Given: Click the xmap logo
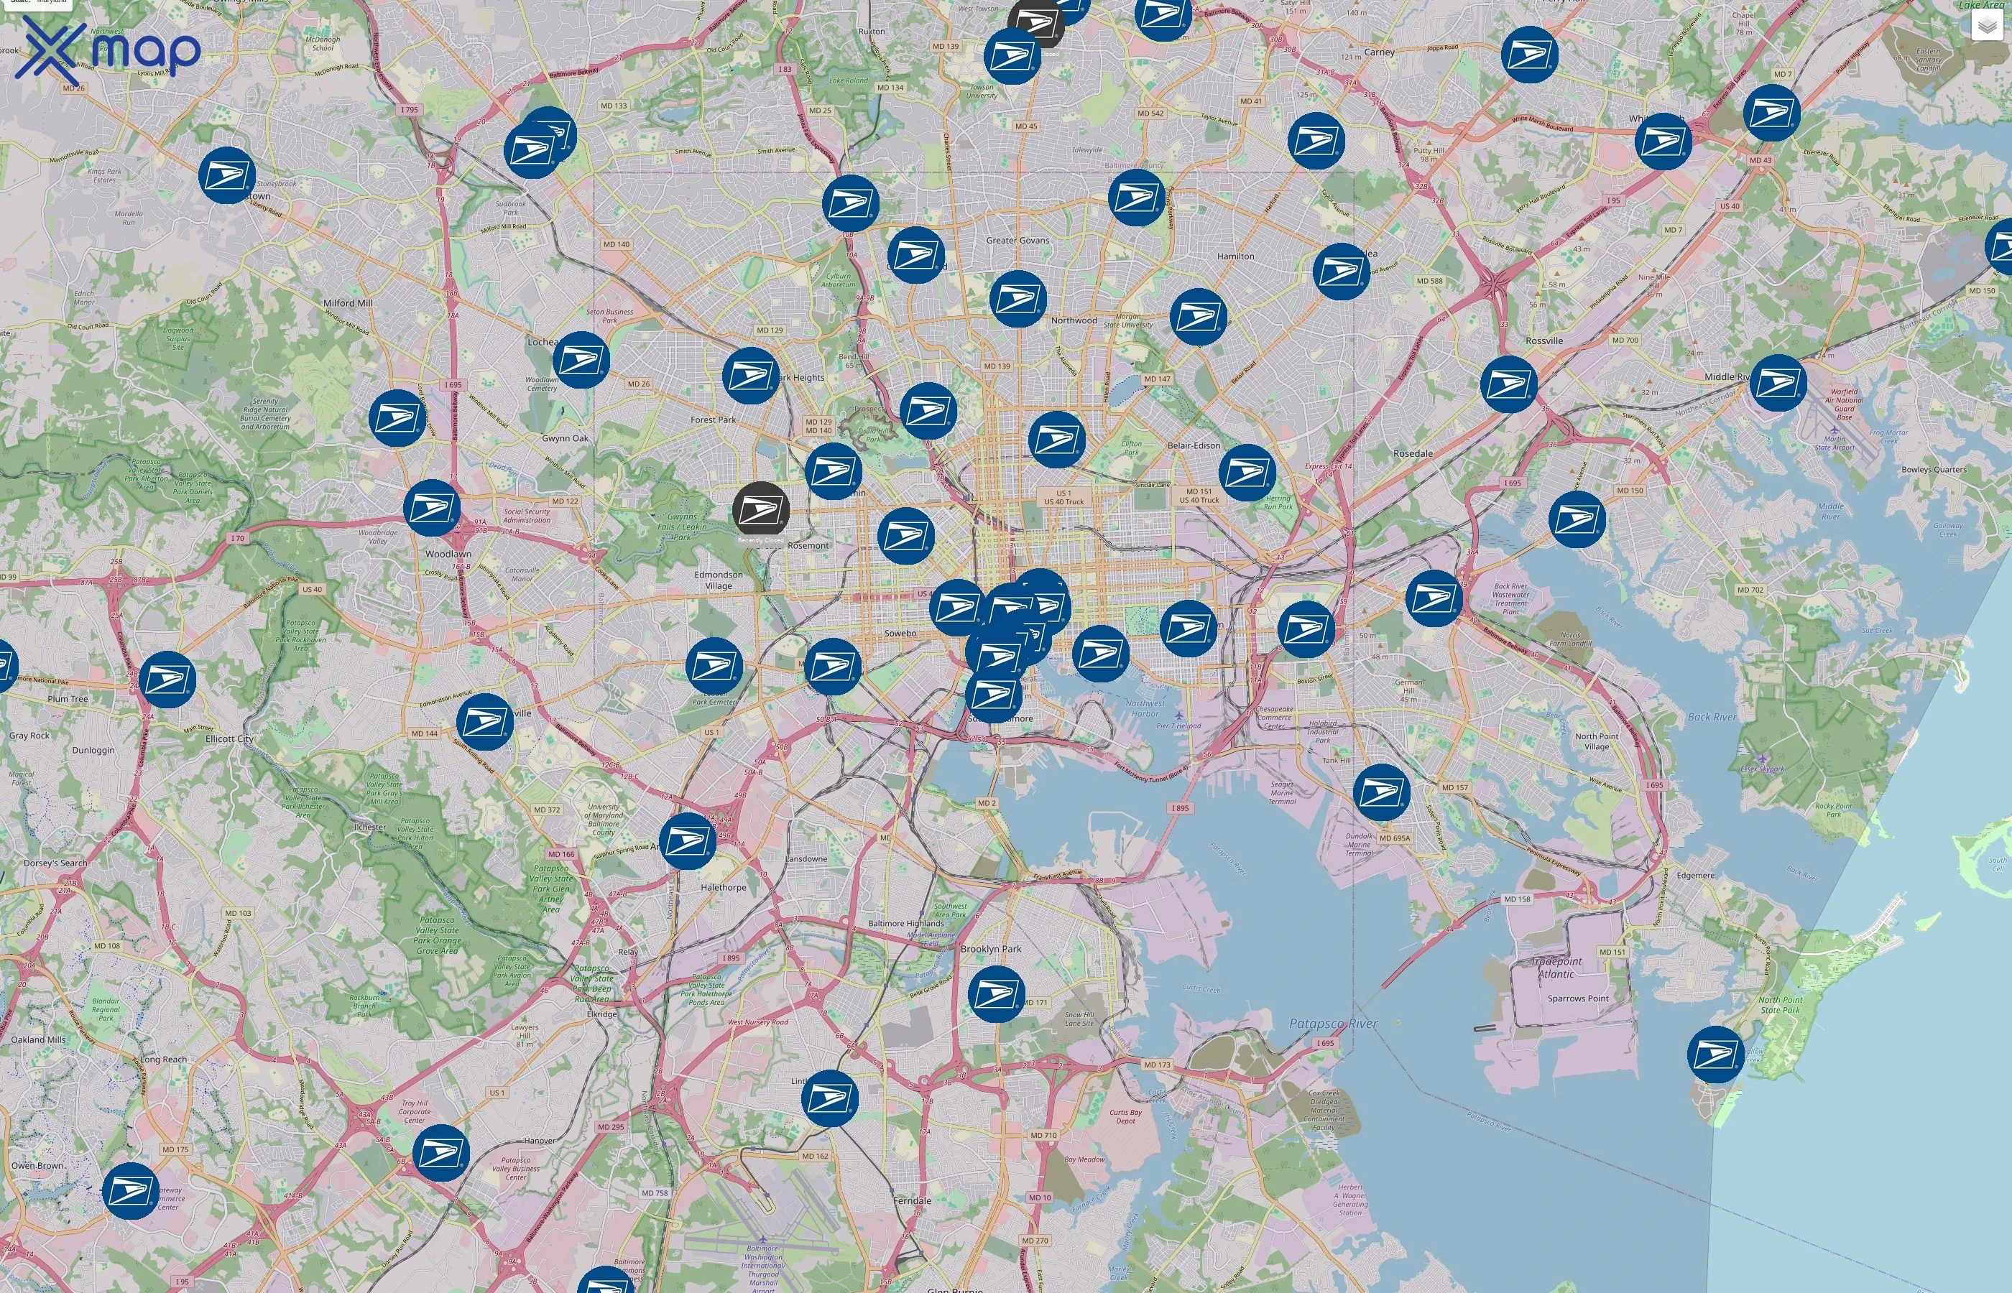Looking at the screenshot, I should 109,50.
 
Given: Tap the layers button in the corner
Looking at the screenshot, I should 1986,26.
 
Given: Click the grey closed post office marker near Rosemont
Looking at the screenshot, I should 760,509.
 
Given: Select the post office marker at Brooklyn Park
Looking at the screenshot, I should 996,994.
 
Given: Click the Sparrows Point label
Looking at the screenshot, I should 1578,998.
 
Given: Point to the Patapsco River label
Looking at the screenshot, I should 1334,1024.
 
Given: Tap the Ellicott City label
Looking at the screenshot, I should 229,739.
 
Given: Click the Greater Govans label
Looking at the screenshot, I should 1017,240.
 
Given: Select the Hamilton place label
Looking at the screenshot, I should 1235,256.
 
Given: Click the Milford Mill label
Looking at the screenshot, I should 348,303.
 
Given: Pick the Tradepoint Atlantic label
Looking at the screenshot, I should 1556,967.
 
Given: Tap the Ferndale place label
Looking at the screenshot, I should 912,1200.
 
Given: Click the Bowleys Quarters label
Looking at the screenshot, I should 1934,469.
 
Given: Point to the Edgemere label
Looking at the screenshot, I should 1695,875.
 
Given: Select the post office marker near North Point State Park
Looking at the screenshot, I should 1715,1054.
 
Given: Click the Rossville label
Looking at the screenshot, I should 1543,341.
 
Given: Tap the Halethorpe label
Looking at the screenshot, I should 723,887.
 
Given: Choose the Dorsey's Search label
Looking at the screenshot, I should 55,863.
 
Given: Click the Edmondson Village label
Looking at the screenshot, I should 718,580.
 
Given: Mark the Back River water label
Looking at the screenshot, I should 1712,717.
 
